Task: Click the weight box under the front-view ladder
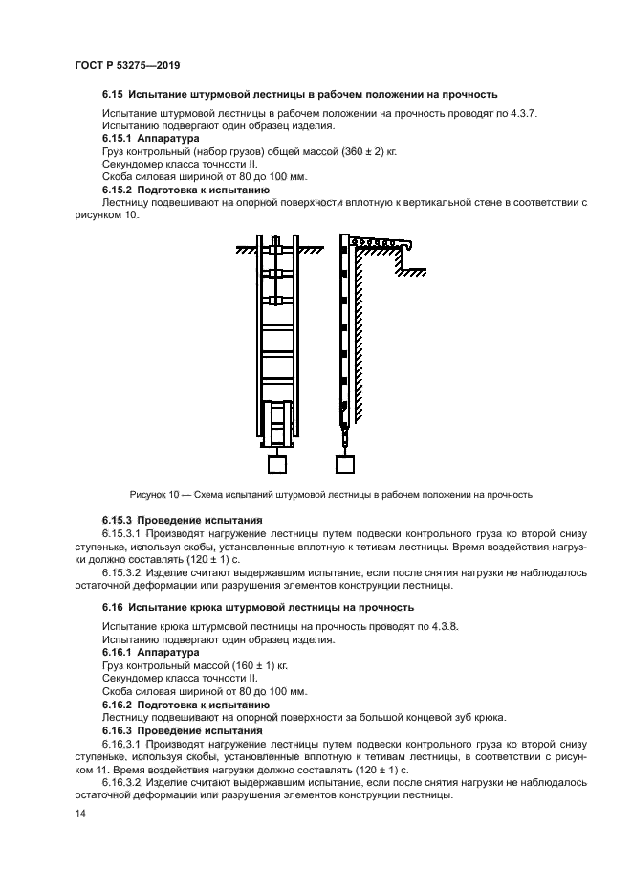[x=277, y=463]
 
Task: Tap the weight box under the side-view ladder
[x=349, y=463]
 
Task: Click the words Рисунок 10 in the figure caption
[x=153, y=495]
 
